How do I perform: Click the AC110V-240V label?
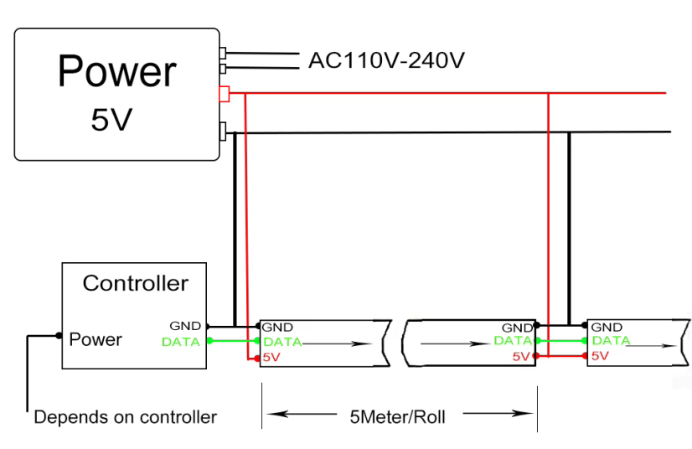(386, 60)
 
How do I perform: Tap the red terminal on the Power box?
(225, 94)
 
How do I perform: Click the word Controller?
(136, 283)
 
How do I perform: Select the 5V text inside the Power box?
(111, 120)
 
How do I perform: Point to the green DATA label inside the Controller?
(181, 342)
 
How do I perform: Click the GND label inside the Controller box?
(185, 326)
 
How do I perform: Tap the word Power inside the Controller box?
(96, 339)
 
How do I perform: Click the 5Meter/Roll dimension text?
(397, 417)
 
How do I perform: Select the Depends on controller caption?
(126, 417)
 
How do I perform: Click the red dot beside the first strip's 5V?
(257, 359)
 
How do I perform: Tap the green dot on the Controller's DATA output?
(209, 340)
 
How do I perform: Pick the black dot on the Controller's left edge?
(59, 336)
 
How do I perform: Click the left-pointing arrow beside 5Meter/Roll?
(302, 414)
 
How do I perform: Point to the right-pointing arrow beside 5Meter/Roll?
(498, 413)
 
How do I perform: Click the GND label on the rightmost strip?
(607, 328)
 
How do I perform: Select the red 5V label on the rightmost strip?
(600, 356)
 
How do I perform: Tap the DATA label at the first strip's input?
(282, 342)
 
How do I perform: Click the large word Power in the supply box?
(117, 71)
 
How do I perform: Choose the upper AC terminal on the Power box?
(223, 53)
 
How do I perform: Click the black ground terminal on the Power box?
(223, 132)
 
